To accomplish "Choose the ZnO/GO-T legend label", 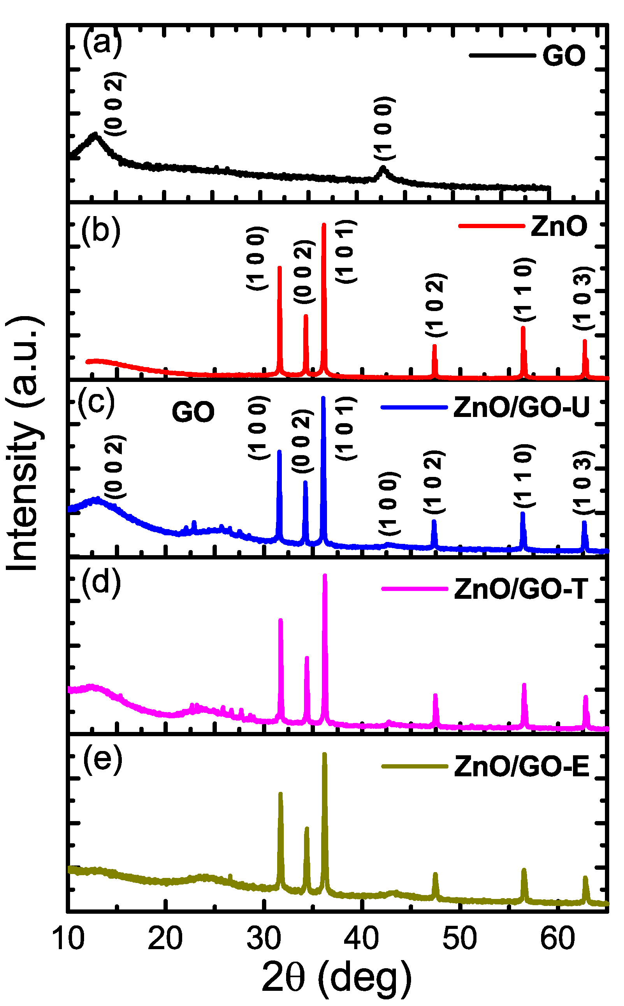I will click(x=521, y=589).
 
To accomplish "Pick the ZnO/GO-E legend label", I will click(x=522, y=767).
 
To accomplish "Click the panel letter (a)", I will click(x=102, y=42).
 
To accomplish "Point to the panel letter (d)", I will click(x=101, y=583).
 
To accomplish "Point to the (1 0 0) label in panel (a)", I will click(x=384, y=128).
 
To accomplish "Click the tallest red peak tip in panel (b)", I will click(x=324, y=225).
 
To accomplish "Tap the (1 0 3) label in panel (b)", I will click(x=584, y=298).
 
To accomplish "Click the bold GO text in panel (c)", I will click(x=193, y=412).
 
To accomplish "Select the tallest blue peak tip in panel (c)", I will click(x=323, y=398).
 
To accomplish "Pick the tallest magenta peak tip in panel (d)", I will click(x=325, y=576).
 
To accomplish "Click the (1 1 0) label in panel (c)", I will click(x=524, y=476).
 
